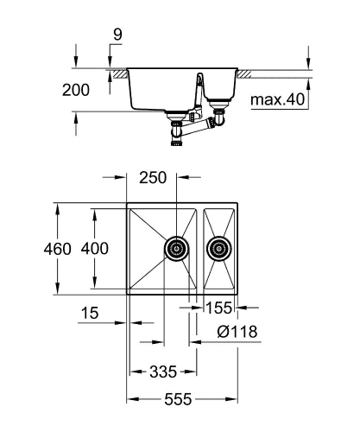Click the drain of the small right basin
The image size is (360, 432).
219,251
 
